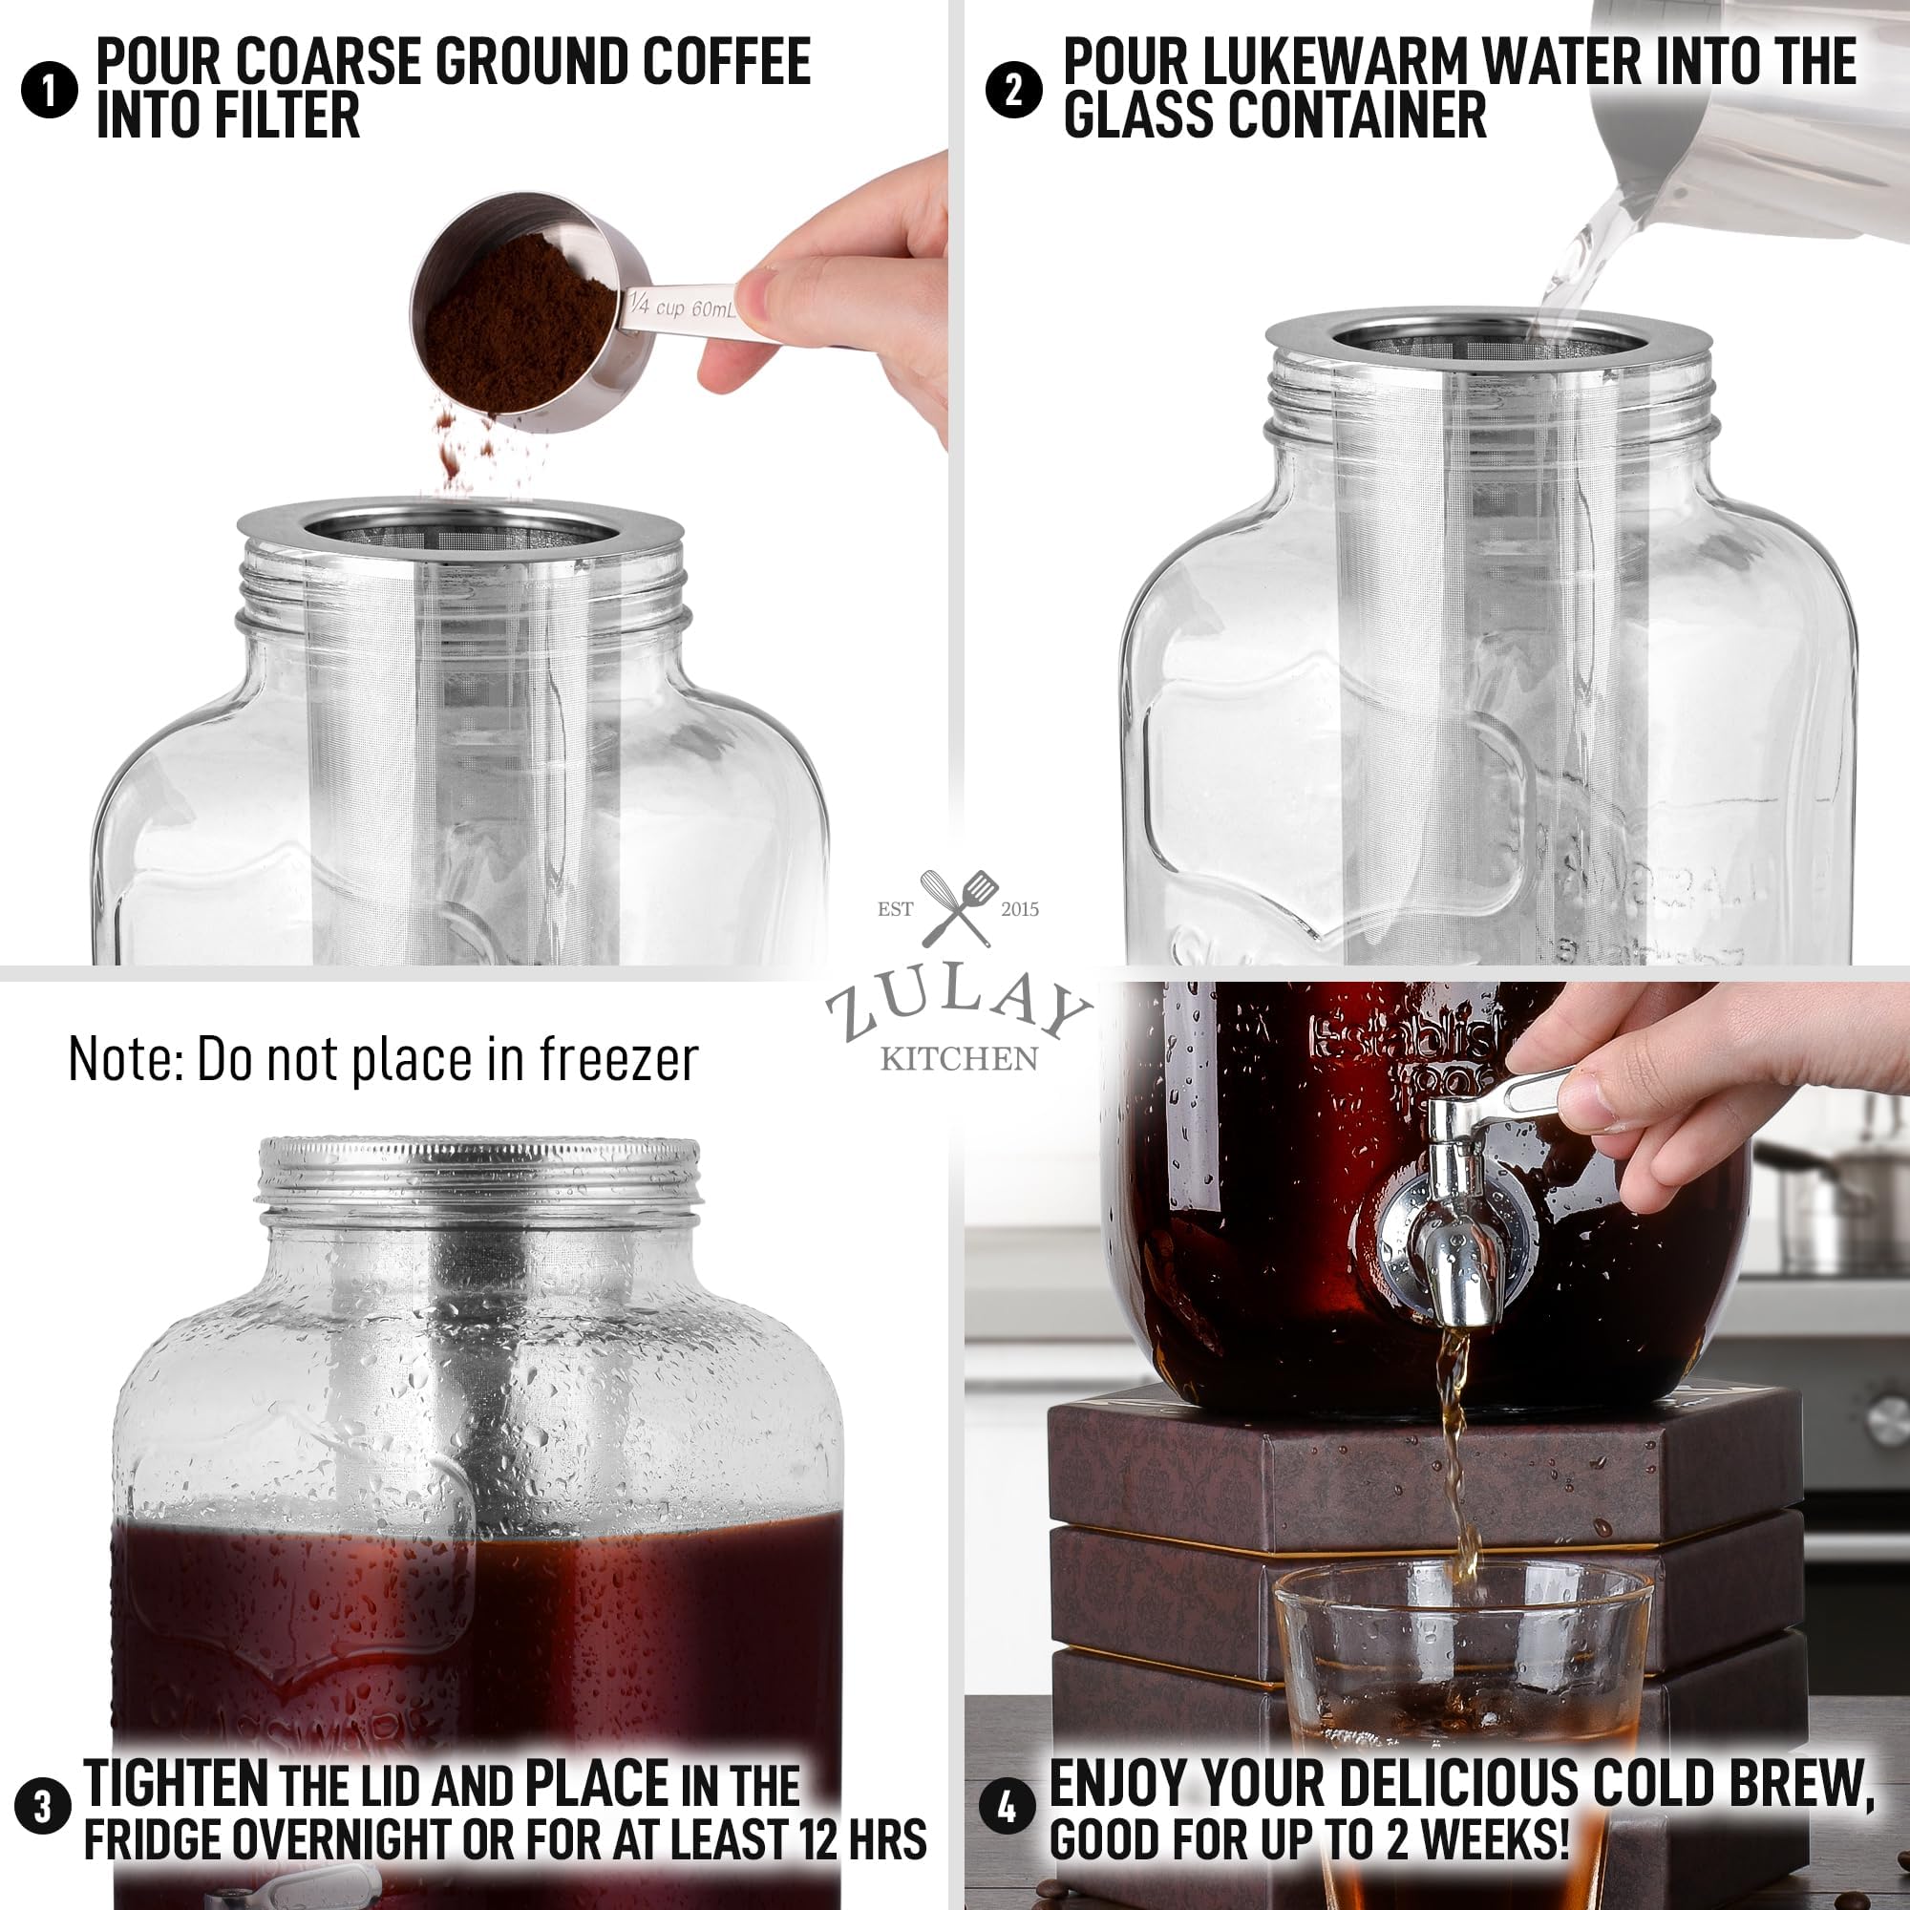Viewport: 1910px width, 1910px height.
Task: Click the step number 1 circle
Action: (49, 90)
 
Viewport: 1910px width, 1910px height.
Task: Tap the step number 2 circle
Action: (1013, 90)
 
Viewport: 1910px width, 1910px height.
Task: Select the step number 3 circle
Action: (43, 1806)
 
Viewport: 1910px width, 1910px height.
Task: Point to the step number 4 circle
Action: (1007, 1806)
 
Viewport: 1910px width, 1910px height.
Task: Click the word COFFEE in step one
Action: (727, 61)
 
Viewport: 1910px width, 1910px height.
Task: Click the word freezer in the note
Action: (619, 1060)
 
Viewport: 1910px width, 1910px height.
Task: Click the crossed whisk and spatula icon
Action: (957, 907)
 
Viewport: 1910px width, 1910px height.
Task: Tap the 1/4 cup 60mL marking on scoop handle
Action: (682, 306)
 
